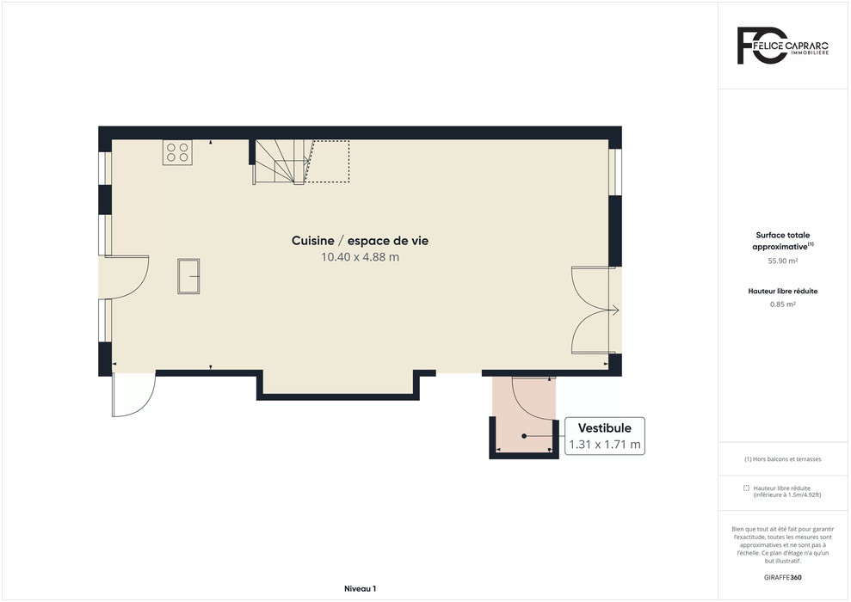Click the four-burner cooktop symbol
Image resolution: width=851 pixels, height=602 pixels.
point(177,152)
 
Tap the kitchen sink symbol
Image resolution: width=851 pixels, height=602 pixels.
point(188,276)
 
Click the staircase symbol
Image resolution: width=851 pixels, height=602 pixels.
point(281,163)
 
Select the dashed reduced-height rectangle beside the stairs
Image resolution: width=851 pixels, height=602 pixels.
point(328,161)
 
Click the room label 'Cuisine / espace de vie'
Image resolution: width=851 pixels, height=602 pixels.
point(360,240)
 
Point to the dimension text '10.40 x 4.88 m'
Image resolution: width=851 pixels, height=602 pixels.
point(360,257)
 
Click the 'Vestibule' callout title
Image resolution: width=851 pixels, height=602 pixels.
point(604,428)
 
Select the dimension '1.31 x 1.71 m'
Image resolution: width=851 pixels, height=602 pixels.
point(605,445)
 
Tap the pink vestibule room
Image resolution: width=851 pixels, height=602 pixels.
point(524,415)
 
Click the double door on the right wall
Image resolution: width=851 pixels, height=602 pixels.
point(595,310)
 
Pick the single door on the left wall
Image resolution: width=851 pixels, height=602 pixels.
point(125,277)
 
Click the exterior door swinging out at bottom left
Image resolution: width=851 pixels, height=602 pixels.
point(133,394)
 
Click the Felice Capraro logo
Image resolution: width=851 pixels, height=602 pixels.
point(783,46)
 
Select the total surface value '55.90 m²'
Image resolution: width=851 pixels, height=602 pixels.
point(783,261)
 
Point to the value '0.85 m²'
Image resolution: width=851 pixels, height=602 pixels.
point(783,304)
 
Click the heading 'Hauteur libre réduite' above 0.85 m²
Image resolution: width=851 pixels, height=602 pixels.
point(783,291)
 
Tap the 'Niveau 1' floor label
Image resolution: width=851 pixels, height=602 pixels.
point(360,588)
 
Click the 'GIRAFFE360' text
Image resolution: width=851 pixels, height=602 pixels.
point(783,578)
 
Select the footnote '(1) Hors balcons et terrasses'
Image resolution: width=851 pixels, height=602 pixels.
point(783,459)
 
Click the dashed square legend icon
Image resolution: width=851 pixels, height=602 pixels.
point(746,488)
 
